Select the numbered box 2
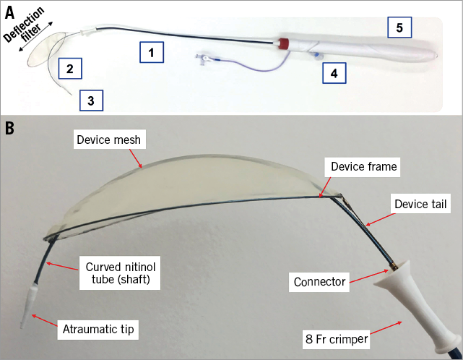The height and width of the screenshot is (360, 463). click(x=69, y=69)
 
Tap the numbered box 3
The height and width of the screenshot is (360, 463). click(x=90, y=100)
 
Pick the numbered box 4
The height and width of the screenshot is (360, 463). click(x=333, y=72)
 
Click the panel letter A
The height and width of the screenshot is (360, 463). click(x=11, y=12)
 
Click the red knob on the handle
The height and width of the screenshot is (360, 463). click(x=284, y=43)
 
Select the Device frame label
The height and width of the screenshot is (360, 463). click(x=363, y=167)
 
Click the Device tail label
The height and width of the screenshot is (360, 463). click(x=421, y=205)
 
